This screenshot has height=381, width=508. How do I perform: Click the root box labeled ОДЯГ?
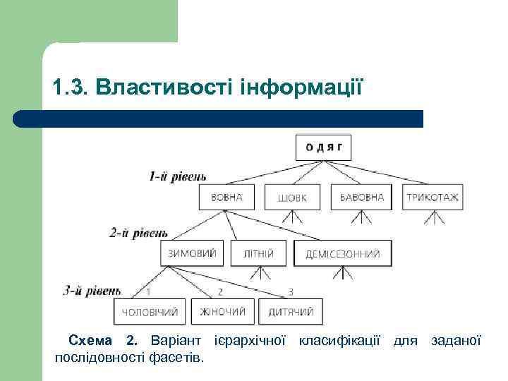pyautogui.click(x=324, y=147)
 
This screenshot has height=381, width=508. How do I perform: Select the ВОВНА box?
pyautogui.click(x=226, y=198)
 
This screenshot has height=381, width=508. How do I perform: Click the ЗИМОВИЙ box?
pyautogui.click(x=193, y=253)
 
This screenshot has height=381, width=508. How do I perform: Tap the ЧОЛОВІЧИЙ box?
pyautogui.click(x=150, y=311)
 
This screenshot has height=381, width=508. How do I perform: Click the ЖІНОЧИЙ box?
pyautogui.click(x=222, y=311)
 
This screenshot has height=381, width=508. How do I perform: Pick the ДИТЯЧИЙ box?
pyautogui.click(x=290, y=311)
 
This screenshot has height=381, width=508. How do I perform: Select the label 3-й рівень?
pyautogui.click(x=92, y=289)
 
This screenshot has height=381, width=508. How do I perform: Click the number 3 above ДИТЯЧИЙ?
pyautogui.click(x=291, y=291)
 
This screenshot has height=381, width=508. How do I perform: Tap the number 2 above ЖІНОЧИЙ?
pyautogui.click(x=220, y=291)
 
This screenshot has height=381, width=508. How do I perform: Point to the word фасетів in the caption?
pyautogui.click(x=177, y=357)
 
